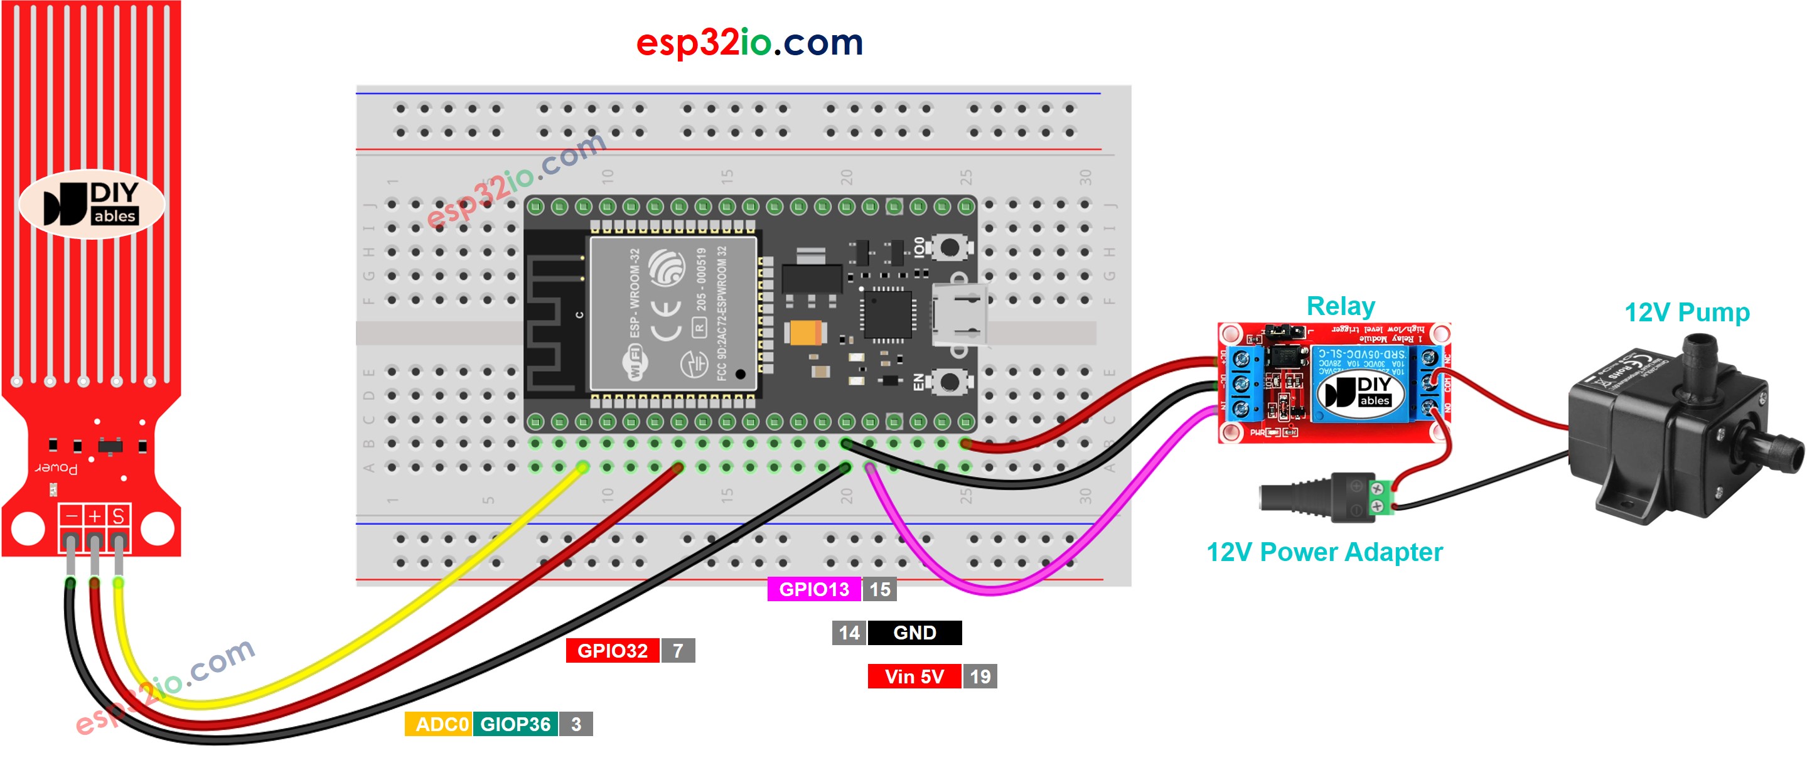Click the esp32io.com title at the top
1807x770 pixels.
coord(749,43)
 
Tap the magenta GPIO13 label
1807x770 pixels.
coord(813,589)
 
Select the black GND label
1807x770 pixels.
coord(914,633)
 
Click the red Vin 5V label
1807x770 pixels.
coord(914,676)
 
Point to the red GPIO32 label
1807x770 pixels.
coord(612,651)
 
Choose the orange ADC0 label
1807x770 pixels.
coord(440,724)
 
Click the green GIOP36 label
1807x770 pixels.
coord(515,724)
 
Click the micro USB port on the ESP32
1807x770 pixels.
coord(958,316)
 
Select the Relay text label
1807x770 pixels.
coord(1340,306)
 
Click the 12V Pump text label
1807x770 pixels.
coord(1686,312)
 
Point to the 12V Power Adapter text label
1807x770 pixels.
coord(1324,552)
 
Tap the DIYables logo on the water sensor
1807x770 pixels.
coord(91,204)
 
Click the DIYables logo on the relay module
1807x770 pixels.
coord(1361,392)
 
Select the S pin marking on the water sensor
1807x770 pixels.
coord(118,516)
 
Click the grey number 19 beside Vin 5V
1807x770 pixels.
coord(980,676)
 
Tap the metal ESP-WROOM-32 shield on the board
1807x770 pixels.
coord(673,314)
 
